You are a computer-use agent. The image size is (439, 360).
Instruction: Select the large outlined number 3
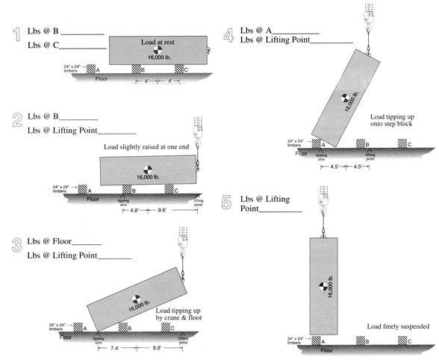[x=14, y=246]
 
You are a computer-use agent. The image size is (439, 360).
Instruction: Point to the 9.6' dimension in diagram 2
[x=161, y=211]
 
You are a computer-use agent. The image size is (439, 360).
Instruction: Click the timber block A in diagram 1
[x=93, y=69]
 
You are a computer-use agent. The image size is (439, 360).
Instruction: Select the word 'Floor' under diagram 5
[x=327, y=350]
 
